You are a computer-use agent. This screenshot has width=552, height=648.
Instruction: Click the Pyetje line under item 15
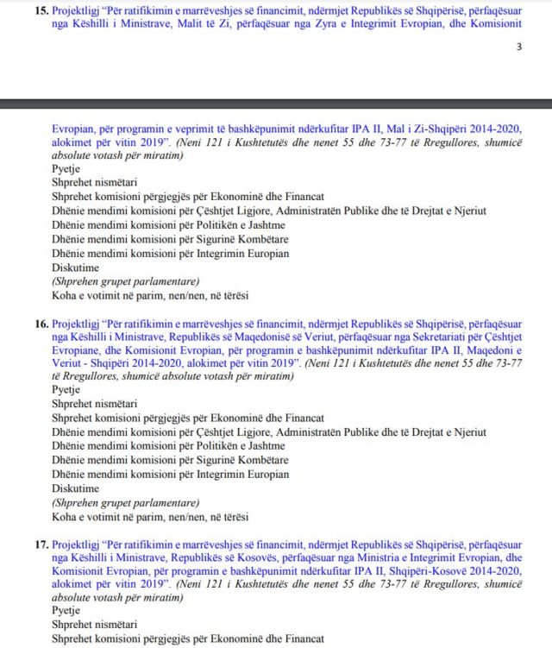click(x=66, y=169)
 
